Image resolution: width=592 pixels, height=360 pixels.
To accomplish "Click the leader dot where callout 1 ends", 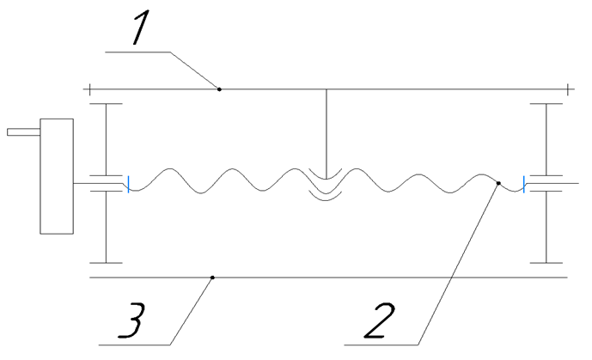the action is click(x=219, y=88).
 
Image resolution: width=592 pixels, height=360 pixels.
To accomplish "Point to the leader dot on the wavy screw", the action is click(x=498, y=182).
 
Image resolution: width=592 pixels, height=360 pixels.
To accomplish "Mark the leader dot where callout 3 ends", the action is click(x=212, y=278).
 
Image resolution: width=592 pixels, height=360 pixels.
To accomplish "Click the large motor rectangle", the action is click(x=57, y=175).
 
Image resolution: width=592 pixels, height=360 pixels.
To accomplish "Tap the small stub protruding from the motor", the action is click(x=23, y=132).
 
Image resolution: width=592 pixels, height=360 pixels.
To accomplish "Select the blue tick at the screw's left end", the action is click(x=128, y=184).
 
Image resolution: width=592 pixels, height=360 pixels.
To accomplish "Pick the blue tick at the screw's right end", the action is click(x=525, y=184).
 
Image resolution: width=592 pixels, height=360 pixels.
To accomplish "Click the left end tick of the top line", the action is click(x=88, y=88).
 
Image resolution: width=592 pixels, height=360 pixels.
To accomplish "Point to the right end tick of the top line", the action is click(x=569, y=88).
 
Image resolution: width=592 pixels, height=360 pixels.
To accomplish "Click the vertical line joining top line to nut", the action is click(x=327, y=129).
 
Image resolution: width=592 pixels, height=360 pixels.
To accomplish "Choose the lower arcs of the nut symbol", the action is click(x=327, y=196).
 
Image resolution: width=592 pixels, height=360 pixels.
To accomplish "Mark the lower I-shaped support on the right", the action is click(x=546, y=228).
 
